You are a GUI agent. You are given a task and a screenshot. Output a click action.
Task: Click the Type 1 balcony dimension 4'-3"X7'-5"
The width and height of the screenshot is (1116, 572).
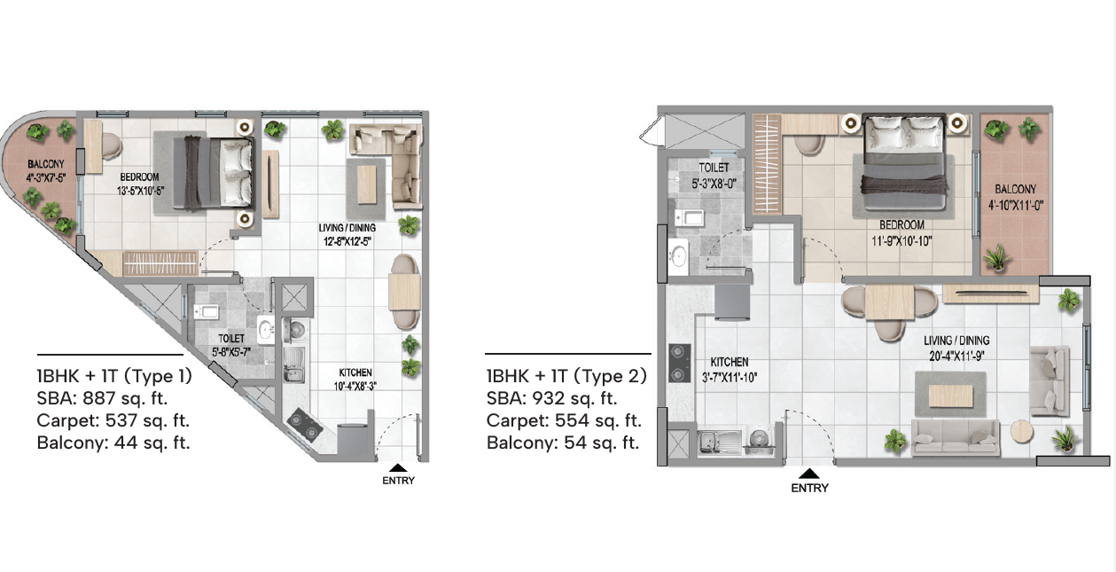click(46, 178)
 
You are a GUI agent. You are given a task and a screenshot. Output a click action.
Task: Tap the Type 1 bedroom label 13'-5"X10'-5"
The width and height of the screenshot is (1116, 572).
click(140, 191)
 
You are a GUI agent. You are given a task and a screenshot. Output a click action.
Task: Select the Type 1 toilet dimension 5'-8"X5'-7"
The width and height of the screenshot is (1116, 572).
click(231, 352)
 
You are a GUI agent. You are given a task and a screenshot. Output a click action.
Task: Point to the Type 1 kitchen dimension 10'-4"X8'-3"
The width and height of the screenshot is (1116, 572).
click(355, 386)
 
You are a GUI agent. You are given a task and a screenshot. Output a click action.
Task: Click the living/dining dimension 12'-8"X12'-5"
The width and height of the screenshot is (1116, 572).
click(347, 242)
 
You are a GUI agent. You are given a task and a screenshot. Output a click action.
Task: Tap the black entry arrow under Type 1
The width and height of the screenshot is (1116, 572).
click(398, 467)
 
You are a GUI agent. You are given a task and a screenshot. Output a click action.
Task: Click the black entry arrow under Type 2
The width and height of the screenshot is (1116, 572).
click(809, 474)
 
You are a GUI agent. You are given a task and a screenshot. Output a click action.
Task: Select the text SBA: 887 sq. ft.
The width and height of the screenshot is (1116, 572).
click(102, 398)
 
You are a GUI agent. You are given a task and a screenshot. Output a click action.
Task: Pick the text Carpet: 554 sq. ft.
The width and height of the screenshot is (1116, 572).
click(564, 420)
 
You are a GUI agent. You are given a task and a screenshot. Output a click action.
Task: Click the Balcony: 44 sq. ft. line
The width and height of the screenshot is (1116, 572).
click(113, 443)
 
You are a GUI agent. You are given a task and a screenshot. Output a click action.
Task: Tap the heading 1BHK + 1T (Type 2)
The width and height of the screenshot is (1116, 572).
click(566, 376)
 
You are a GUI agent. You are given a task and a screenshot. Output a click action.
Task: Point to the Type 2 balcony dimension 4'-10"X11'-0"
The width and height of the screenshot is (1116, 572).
click(1015, 205)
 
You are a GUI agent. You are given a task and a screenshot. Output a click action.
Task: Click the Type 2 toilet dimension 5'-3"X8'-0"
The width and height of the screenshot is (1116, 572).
click(714, 184)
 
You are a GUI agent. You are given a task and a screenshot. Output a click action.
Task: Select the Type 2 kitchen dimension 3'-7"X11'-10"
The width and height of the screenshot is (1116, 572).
click(730, 378)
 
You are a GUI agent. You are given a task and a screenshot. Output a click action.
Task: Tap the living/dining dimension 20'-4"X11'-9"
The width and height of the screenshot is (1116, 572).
click(956, 357)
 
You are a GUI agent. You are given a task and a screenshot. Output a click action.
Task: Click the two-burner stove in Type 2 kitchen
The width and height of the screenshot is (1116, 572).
click(680, 364)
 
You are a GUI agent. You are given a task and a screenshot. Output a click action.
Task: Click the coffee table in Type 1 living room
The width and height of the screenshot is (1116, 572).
click(367, 184)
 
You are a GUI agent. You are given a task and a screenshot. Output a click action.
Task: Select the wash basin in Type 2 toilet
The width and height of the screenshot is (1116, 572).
click(678, 256)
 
